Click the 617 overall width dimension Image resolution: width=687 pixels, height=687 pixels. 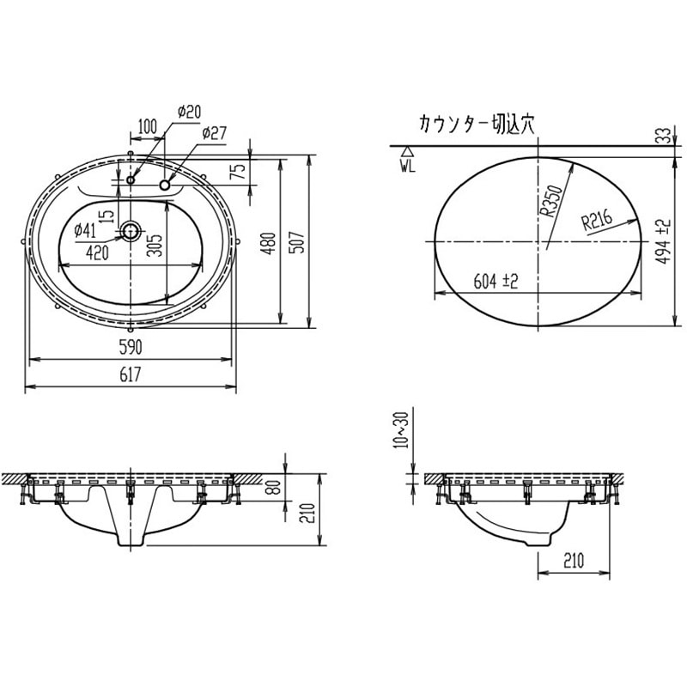[131, 374]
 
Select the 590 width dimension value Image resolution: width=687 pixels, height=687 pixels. [131, 346]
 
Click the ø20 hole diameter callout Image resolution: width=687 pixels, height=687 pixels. [188, 112]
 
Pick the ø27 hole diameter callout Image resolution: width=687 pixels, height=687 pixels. [214, 133]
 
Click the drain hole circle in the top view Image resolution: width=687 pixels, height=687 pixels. [131, 230]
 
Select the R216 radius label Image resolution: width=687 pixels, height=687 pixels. [596, 222]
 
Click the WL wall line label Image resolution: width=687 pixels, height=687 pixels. [407, 167]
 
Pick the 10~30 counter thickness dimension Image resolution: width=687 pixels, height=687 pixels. [397, 429]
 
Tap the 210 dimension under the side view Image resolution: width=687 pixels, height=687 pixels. [575, 561]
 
